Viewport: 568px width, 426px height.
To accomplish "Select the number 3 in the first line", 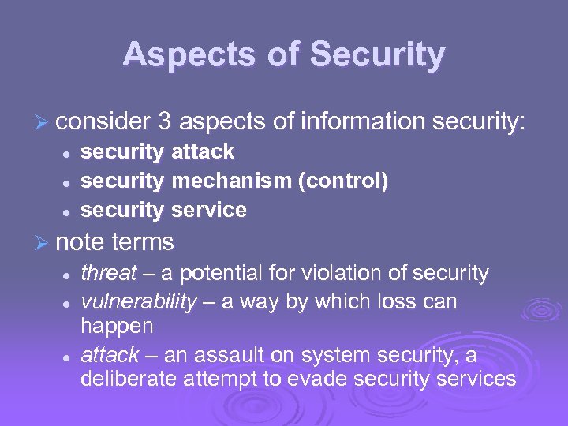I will click(x=165, y=121).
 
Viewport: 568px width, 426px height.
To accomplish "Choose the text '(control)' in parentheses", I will click(x=343, y=181).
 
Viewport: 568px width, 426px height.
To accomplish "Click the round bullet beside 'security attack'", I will click(x=69, y=152).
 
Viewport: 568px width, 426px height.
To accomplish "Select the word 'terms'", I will click(x=144, y=241).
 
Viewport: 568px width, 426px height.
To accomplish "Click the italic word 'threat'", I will click(x=109, y=273).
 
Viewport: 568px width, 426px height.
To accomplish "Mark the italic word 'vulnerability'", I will click(x=139, y=302).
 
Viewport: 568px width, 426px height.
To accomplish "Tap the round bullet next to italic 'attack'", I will click(x=69, y=356).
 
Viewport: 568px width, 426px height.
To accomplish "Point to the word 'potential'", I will click(x=225, y=273).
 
